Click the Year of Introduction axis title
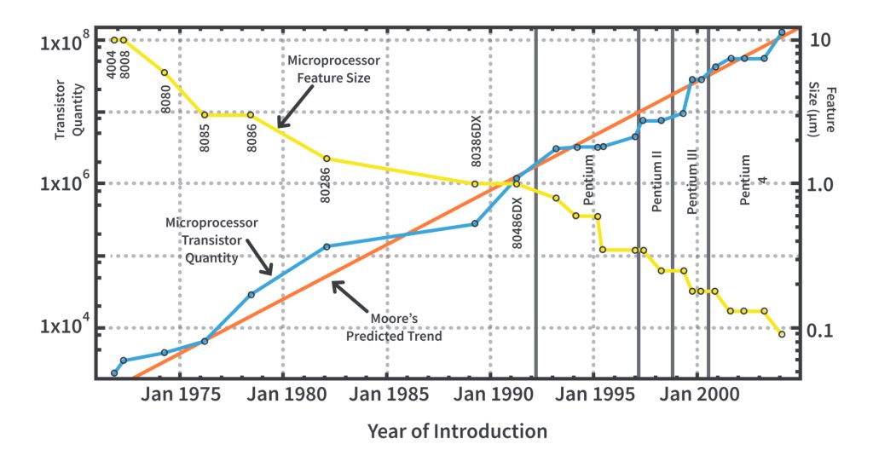tap(457, 430)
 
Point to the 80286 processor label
tap(326, 183)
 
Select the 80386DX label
tap(477, 141)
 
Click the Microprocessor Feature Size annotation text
tap(333, 69)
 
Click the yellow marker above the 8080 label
tap(165, 72)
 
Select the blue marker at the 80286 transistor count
tap(327, 246)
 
